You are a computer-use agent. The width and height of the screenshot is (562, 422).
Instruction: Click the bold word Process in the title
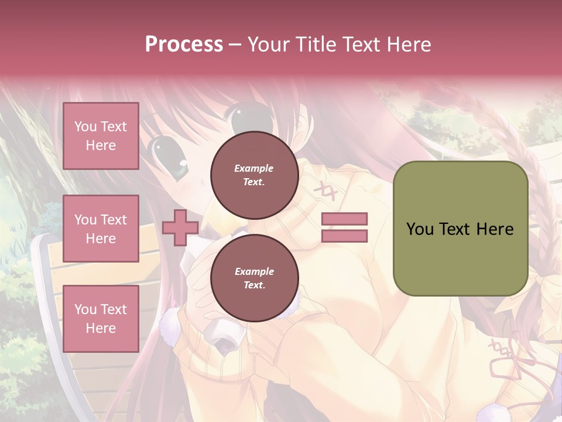pyautogui.click(x=184, y=44)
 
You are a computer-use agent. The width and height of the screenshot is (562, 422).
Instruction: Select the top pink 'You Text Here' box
pyautogui.click(x=101, y=136)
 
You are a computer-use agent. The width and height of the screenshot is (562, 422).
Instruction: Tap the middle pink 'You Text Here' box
pyautogui.click(x=101, y=229)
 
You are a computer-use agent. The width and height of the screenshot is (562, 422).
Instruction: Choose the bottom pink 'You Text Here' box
pyautogui.click(x=101, y=319)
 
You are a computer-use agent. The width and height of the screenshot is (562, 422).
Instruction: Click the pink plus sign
pyautogui.click(x=180, y=228)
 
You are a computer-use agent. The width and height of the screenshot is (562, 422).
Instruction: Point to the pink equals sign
pyautogui.click(x=344, y=227)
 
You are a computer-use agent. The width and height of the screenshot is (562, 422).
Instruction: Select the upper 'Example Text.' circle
pyautogui.click(x=254, y=175)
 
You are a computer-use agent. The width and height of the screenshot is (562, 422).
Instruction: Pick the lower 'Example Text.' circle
pyautogui.click(x=254, y=278)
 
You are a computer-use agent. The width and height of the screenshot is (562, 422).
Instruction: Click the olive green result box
pyautogui.click(x=460, y=228)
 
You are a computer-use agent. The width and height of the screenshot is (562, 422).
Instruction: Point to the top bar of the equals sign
pyautogui.click(x=344, y=219)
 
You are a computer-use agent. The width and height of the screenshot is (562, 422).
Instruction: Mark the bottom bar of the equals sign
pyautogui.click(x=344, y=236)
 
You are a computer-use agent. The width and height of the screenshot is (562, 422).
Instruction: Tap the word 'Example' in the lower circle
pyautogui.click(x=254, y=271)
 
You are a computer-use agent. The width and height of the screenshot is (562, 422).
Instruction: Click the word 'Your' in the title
pyautogui.click(x=268, y=44)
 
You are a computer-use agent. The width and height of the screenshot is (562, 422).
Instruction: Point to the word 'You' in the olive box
pyautogui.click(x=420, y=229)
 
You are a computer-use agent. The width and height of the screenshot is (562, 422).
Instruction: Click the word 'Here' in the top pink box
pyautogui.click(x=101, y=145)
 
